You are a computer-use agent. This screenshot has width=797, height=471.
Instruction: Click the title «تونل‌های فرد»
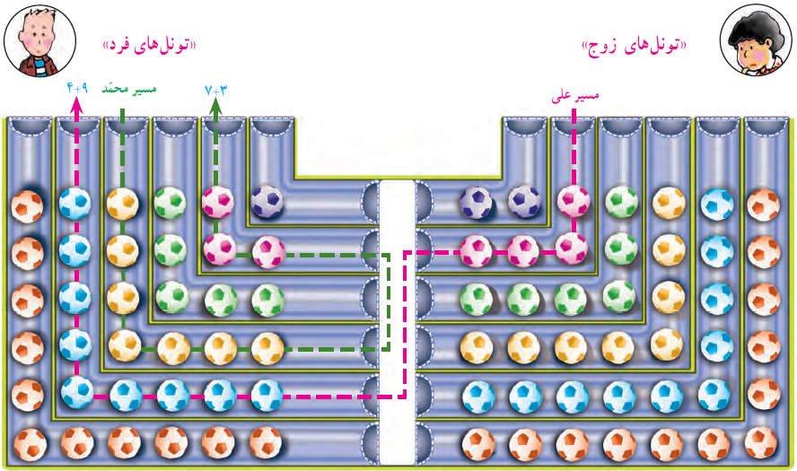pos(149,45)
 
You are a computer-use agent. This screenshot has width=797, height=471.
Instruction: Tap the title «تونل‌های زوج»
pos(634,47)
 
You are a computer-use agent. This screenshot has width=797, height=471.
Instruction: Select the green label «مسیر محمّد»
pos(129,89)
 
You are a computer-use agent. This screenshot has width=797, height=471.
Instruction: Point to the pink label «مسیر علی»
pos(575,95)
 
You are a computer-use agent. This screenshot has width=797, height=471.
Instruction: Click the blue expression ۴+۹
pos(77,89)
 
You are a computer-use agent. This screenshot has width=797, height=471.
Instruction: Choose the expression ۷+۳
pos(215,91)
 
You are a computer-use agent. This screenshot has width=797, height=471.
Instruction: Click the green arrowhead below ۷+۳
pos(215,105)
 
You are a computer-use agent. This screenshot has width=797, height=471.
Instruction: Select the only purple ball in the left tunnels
pos(267,202)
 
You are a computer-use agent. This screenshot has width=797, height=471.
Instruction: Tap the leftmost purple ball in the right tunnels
pos(476,203)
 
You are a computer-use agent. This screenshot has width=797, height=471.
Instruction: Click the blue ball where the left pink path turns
pos(77,392)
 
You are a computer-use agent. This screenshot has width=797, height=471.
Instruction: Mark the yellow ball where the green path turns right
pos(125,345)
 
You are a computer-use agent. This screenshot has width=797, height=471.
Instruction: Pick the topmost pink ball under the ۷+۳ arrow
pos(217,202)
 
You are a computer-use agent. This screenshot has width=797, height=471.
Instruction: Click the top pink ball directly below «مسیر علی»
pos(574,202)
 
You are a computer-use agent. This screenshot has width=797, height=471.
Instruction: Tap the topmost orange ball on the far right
pos(763,205)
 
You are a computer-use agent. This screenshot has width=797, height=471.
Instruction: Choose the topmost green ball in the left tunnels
pos(170,203)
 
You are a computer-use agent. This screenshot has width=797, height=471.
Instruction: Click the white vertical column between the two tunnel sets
pos(397,322)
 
